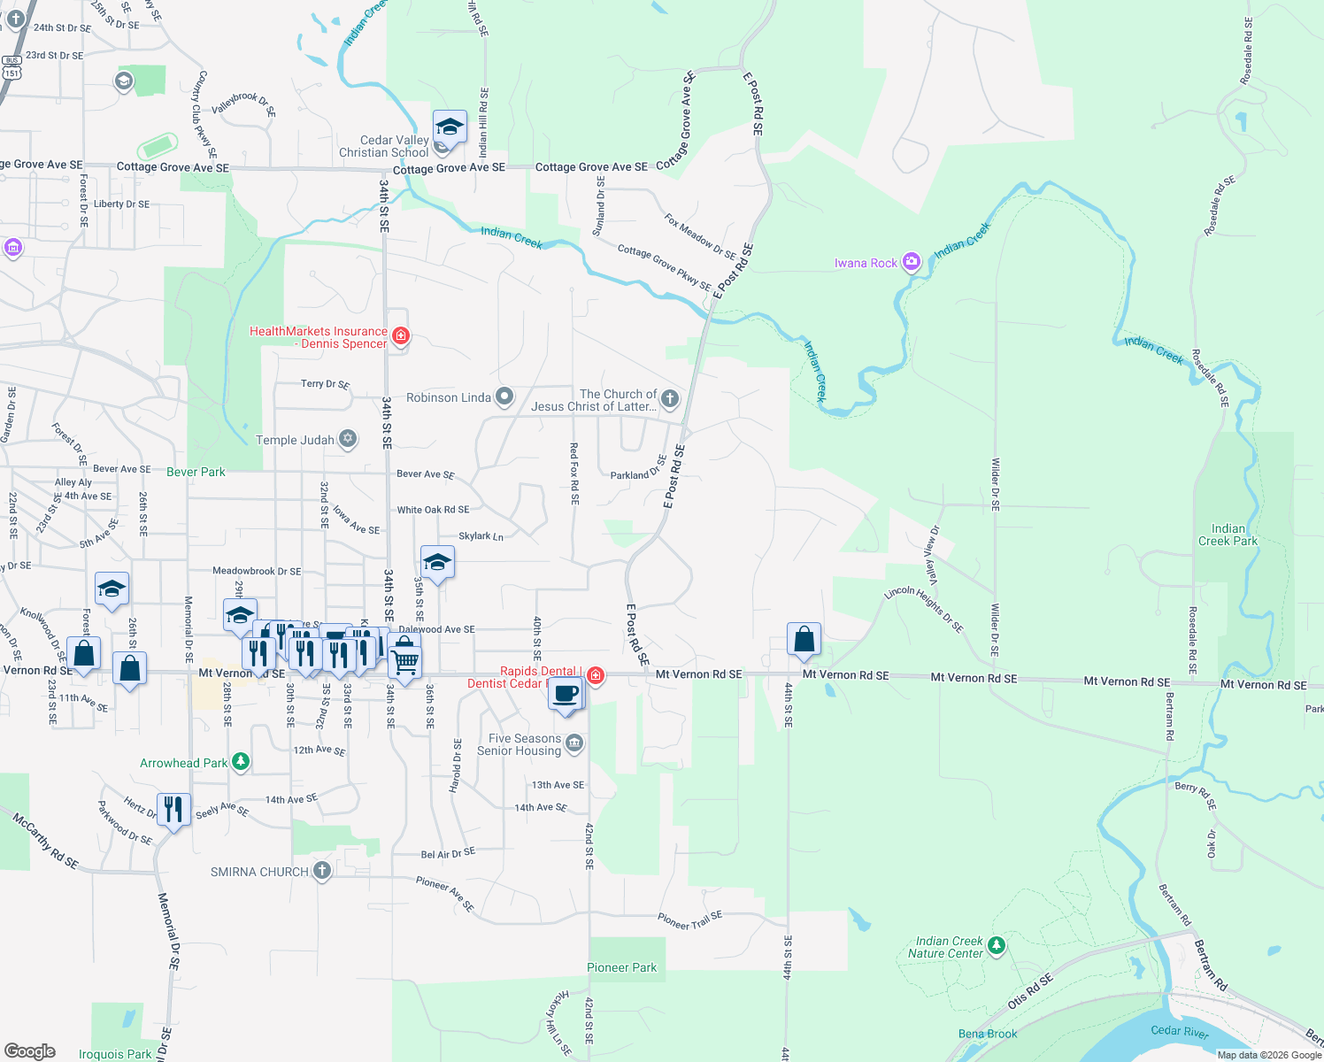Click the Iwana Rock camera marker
[912, 262]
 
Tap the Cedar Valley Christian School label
[384, 146]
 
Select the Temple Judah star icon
[349, 439]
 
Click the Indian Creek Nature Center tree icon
[997, 946]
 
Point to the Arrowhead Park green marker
[240, 762]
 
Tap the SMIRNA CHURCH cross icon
[322, 871]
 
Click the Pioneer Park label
[622, 967]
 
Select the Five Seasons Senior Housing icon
[574, 743]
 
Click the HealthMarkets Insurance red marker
[401, 335]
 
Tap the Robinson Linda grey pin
[504, 396]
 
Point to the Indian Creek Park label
[1228, 535]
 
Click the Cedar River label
[1180, 1030]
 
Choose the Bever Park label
[196, 472]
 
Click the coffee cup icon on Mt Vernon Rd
[566, 693]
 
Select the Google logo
[30, 1051]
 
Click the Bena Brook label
[988, 1034]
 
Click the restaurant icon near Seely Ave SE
[173, 810]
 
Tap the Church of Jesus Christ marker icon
[670, 399]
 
